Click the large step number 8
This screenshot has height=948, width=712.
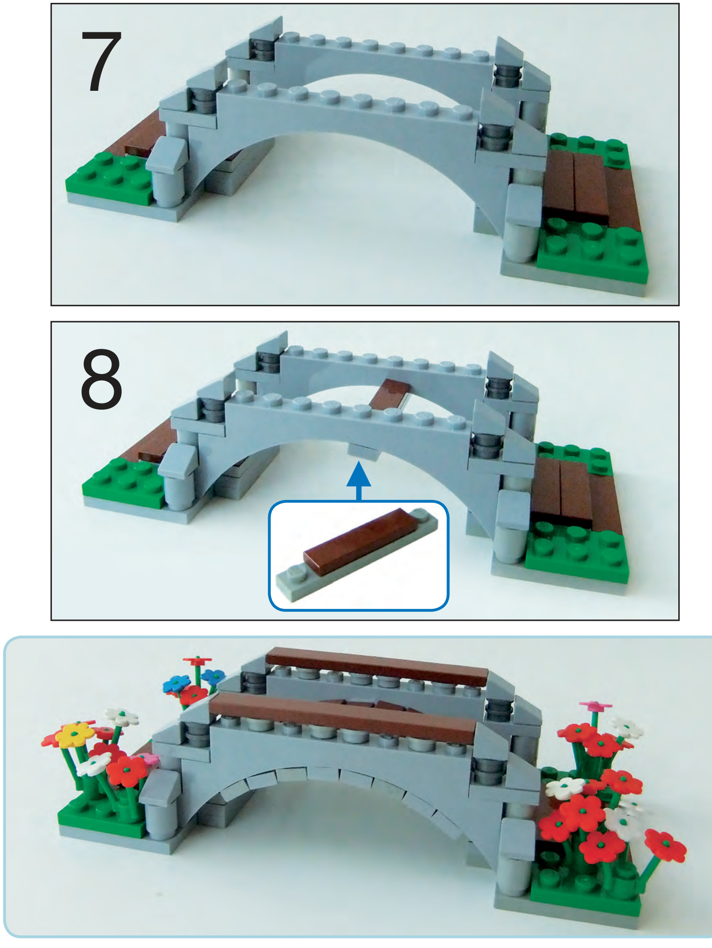102,379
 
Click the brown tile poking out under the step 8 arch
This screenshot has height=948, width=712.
389,396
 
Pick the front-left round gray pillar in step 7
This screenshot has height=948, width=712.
167,185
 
